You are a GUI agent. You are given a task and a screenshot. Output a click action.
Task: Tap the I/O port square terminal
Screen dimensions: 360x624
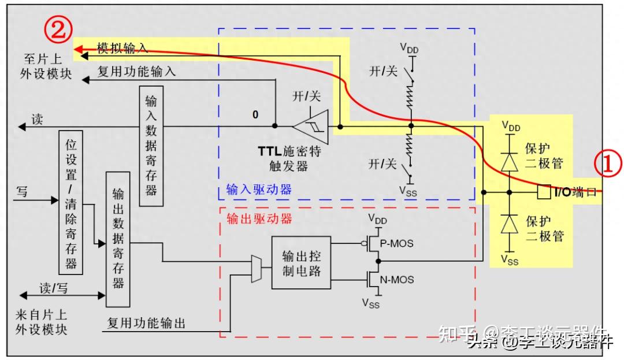[543, 192]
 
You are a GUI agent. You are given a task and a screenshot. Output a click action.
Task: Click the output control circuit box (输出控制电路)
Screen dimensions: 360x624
[301, 263]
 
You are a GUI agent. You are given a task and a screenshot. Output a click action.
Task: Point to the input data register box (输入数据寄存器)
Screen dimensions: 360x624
[151, 146]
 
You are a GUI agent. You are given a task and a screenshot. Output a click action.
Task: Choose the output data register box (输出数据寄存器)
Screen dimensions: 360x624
[118, 239]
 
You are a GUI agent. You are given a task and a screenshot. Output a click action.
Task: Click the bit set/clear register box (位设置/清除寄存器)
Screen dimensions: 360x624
[70, 202]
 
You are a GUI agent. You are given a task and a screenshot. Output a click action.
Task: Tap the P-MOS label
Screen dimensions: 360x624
[397, 243]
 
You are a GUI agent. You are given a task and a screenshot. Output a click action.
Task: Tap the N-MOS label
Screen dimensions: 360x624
[398, 280]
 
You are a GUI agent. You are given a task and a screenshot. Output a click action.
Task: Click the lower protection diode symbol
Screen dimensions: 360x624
[509, 224]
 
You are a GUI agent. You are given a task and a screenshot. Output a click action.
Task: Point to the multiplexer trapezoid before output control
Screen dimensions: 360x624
[257, 269]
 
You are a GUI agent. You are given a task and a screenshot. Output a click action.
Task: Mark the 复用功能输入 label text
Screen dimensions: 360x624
[136, 73]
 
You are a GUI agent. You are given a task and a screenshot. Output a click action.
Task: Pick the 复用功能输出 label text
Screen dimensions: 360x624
[147, 323]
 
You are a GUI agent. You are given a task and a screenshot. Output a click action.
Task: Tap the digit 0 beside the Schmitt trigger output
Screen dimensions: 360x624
[255, 115]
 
